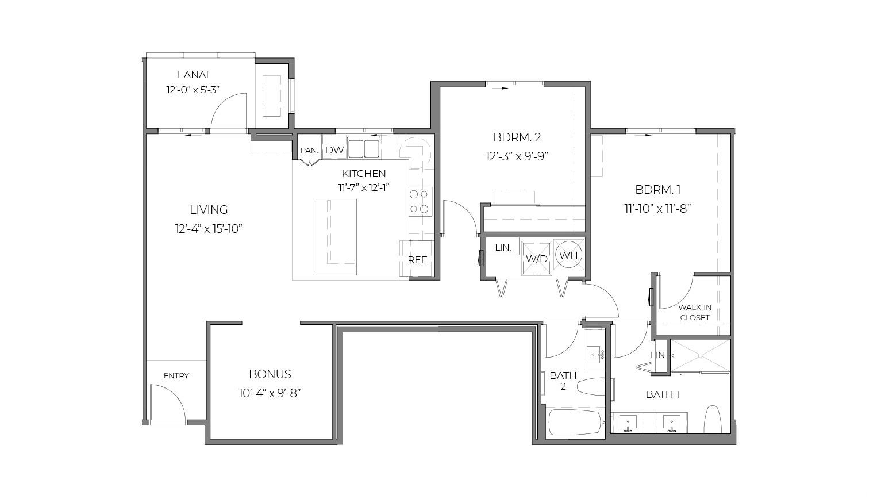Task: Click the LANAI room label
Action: coord(193,75)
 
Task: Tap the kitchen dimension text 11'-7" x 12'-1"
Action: coord(364,188)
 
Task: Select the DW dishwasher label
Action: coord(334,150)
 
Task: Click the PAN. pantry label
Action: coord(310,150)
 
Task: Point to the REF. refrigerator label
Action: coord(418,260)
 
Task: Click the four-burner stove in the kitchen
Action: coord(420,201)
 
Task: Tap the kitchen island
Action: coord(336,237)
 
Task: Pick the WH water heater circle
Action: coord(569,255)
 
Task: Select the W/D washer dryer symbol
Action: coord(536,258)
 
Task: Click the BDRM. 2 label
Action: coord(517,137)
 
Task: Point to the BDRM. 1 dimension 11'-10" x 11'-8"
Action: coord(657,208)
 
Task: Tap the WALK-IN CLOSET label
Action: coord(695,313)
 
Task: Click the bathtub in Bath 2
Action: coord(575,423)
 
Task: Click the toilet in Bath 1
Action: coord(713,419)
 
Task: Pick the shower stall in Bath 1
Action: coord(700,355)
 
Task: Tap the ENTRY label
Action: coord(176,376)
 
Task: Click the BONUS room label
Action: coord(270,374)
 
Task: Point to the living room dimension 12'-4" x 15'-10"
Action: coord(209,229)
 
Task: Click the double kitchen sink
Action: coord(364,148)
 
